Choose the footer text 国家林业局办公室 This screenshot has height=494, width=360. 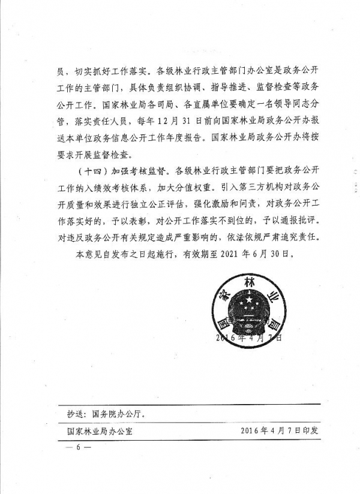click(100, 430)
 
